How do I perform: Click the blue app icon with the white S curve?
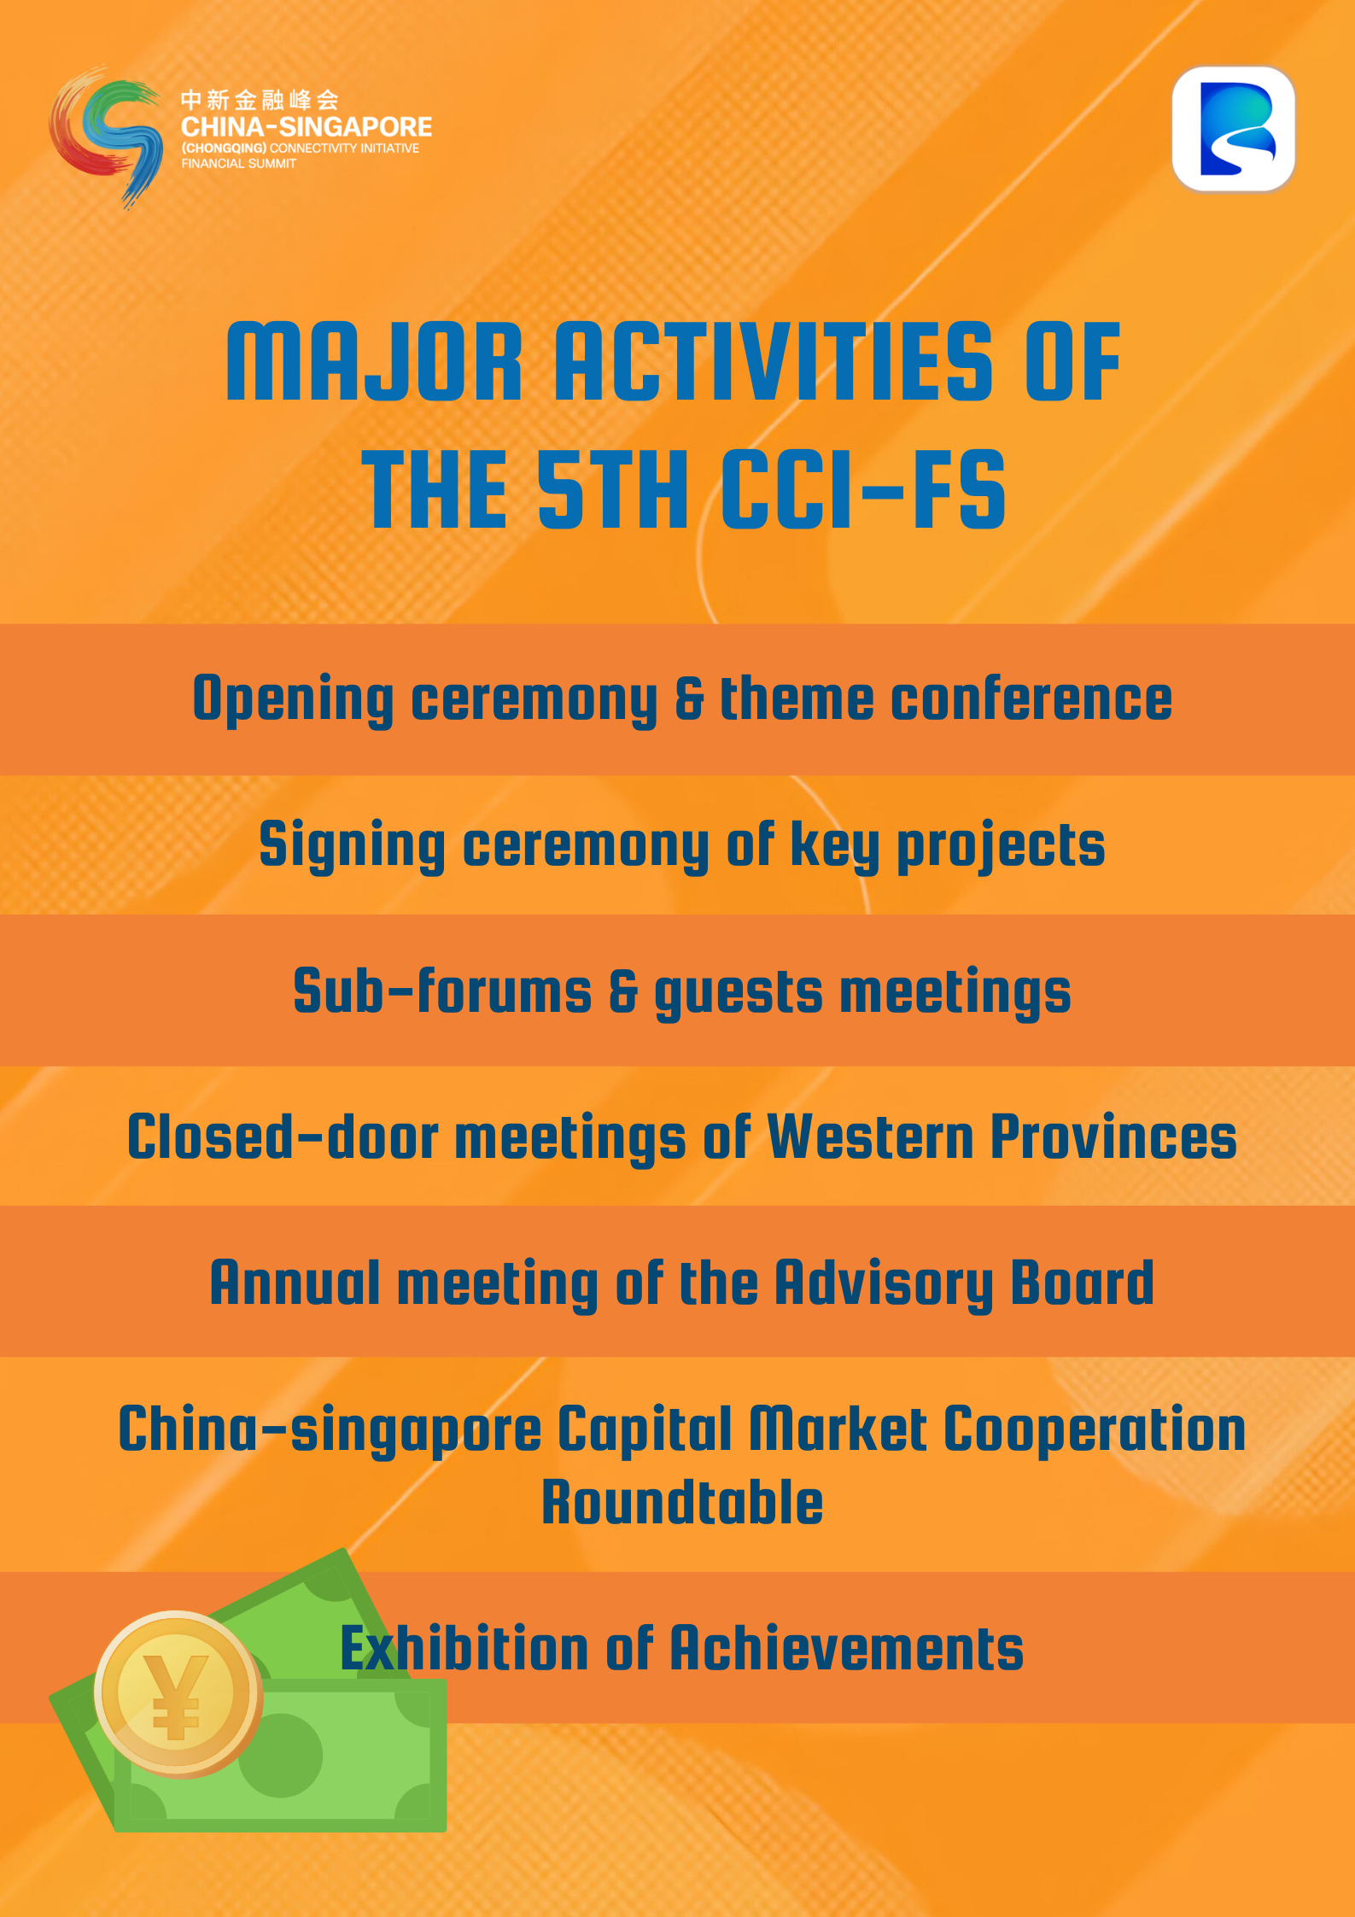click(1234, 129)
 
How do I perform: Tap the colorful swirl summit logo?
click(106, 137)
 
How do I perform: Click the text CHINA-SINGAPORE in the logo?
click(307, 127)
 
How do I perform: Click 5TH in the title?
click(613, 490)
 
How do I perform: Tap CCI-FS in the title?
click(864, 490)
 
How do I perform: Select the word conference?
click(1031, 698)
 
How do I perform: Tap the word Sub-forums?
click(442, 991)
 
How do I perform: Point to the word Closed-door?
click(283, 1137)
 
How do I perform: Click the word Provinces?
click(1113, 1137)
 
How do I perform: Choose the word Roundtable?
click(682, 1502)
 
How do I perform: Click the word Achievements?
click(846, 1647)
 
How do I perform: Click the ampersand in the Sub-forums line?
click(623, 992)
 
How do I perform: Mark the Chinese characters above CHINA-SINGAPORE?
click(260, 100)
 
